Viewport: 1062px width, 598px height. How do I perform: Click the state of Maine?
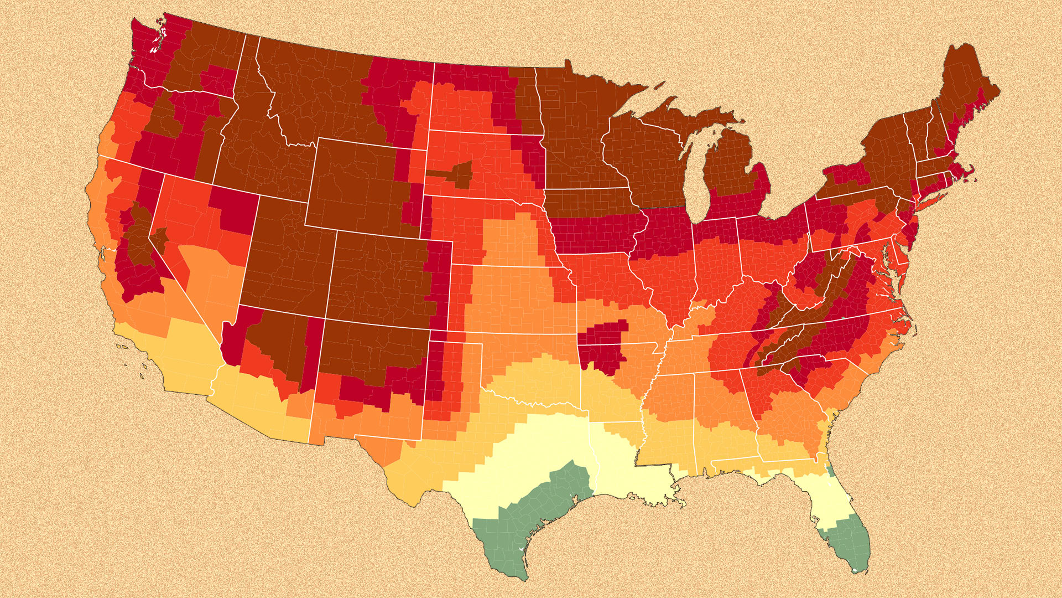968,83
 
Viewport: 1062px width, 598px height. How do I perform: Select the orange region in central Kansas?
509,293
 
